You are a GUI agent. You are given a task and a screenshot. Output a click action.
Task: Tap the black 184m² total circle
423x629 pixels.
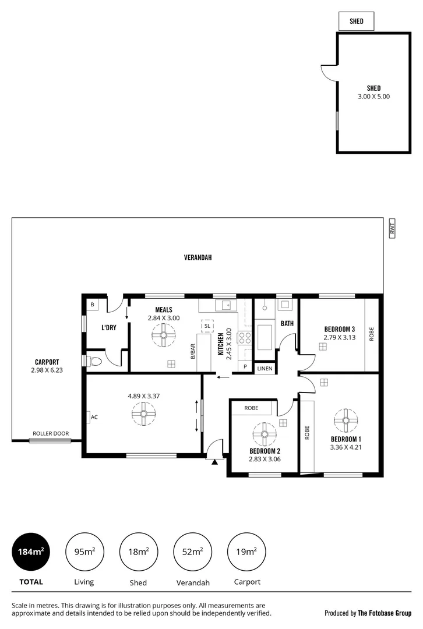click(x=30, y=552)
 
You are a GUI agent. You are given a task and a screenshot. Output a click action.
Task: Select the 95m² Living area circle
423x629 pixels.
click(x=84, y=552)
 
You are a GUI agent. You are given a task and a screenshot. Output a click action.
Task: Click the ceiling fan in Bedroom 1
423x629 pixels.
click(x=346, y=420)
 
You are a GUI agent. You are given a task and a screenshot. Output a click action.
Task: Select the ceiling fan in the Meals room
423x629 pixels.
click(x=163, y=335)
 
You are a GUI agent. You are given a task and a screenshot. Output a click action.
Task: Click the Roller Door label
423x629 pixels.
click(x=51, y=433)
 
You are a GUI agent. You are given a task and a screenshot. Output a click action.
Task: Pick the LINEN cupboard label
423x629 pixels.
click(x=265, y=369)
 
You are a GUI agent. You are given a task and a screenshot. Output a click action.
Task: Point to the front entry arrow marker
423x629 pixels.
click(x=215, y=462)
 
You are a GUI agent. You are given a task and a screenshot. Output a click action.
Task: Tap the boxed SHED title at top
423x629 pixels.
click(x=357, y=22)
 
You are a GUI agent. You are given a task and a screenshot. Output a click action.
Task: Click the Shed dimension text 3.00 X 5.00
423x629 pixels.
click(x=374, y=97)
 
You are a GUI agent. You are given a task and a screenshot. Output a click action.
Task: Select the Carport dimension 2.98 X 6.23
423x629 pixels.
click(x=46, y=370)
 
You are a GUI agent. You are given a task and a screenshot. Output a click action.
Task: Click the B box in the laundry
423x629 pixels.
click(x=92, y=305)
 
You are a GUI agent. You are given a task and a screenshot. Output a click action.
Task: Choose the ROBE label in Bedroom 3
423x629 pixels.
click(x=371, y=334)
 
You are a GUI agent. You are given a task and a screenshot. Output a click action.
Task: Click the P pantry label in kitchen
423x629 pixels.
click(x=245, y=367)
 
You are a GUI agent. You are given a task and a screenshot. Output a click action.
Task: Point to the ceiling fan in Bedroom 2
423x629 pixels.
click(x=264, y=434)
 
